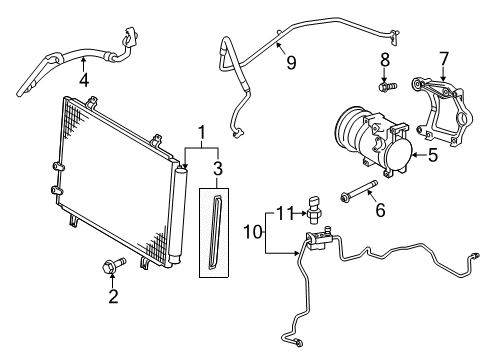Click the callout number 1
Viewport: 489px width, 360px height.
202,132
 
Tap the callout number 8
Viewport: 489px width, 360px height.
383,61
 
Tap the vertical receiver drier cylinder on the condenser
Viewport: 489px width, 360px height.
179,215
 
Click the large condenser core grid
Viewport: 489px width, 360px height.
115,180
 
